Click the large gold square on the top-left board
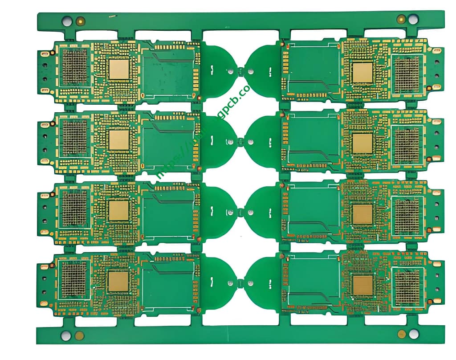click(x=119, y=69)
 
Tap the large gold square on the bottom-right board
click(x=362, y=285)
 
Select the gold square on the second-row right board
click(x=362, y=143)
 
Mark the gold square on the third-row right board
click(x=362, y=214)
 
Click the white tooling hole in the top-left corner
click(x=67, y=20)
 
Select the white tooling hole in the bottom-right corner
click(x=414, y=334)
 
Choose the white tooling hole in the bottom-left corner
click(x=66, y=335)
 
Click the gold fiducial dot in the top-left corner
click(x=80, y=20)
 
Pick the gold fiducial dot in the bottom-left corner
click(x=79, y=335)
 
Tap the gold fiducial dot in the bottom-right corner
click(x=401, y=334)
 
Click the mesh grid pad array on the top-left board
click(x=74, y=67)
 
